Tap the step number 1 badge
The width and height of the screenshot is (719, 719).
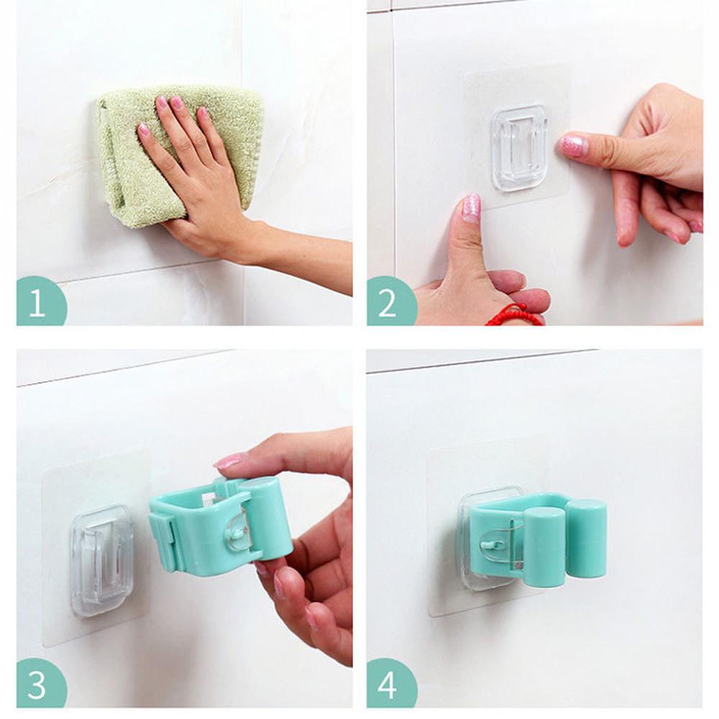coord(39,302)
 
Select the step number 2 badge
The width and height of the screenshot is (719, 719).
coord(389,302)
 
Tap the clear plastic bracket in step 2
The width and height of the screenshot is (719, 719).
coord(520,148)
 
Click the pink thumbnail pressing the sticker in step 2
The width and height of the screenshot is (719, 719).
coord(471,207)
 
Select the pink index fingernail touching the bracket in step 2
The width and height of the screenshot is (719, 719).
coord(573,145)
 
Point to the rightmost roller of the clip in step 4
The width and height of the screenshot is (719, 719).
coord(586,539)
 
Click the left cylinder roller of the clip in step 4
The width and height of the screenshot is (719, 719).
coord(543,546)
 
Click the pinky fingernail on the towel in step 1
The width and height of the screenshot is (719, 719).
coord(145,130)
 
